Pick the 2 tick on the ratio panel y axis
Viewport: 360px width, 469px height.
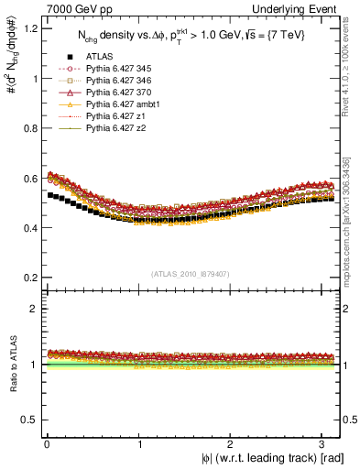(x=35, y=309)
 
